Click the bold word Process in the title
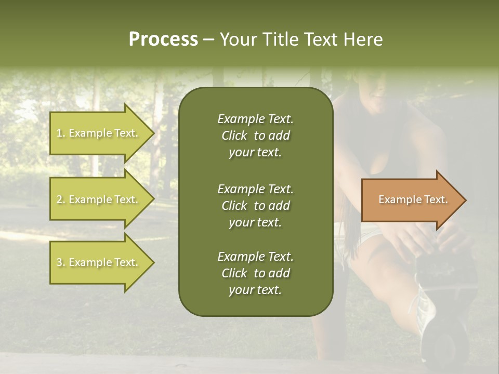(x=163, y=39)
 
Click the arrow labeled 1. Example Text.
(x=99, y=133)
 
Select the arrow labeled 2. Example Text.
(x=99, y=199)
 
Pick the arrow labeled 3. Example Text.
(x=99, y=262)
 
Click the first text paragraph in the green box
(x=255, y=136)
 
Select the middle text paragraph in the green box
(x=255, y=205)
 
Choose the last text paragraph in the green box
(x=255, y=273)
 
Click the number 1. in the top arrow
(x=61, y=133)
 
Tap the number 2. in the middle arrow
(x=61, y=199)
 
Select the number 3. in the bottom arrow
(x=61, y=262)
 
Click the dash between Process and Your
(x=208, y=40)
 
